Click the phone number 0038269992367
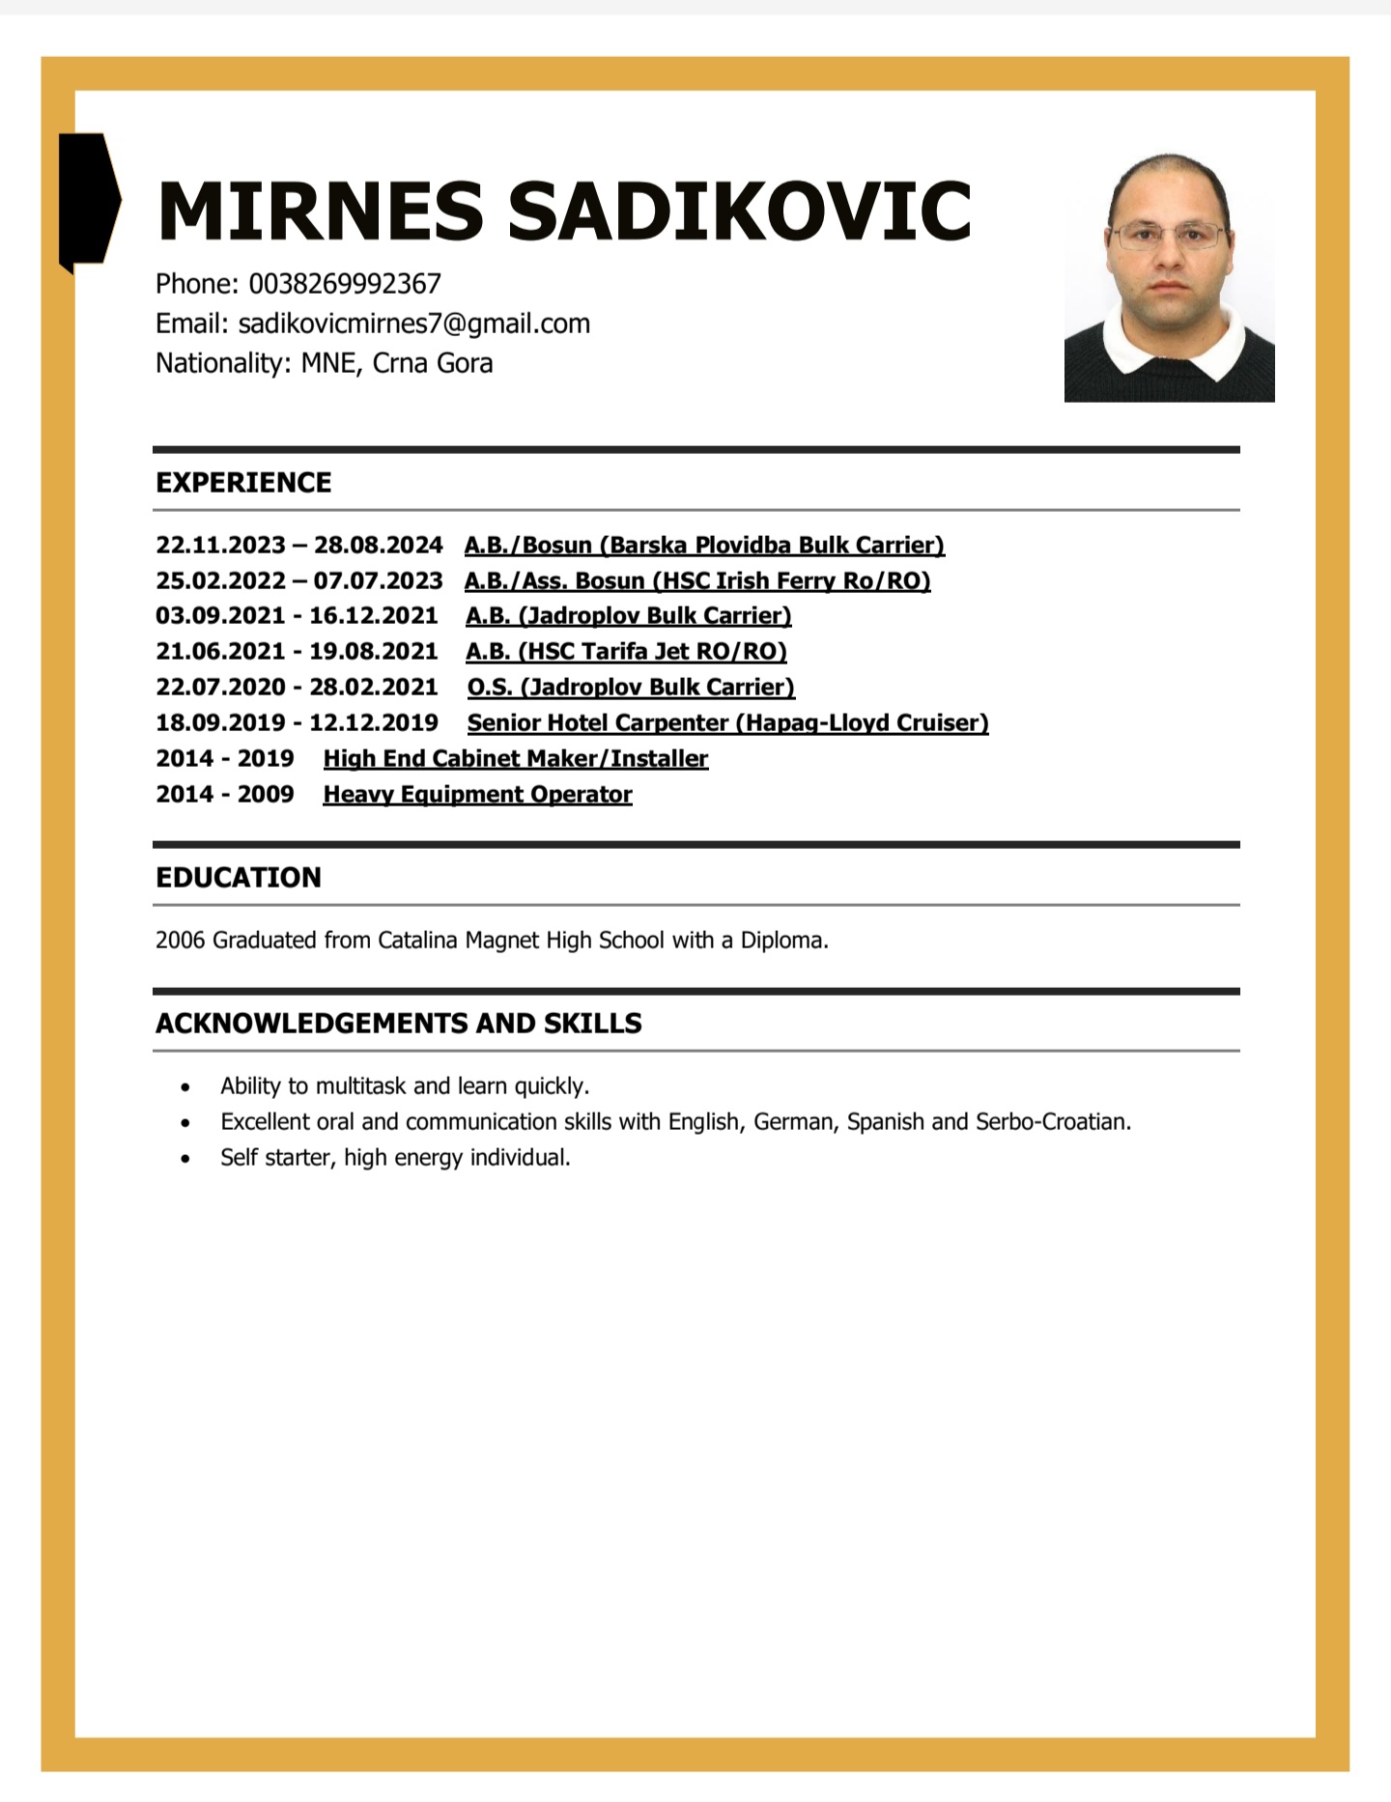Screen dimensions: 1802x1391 coord(345,284)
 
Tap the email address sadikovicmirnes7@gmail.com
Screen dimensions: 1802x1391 coord(413,324)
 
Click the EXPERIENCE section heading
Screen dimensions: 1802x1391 coord(243,483)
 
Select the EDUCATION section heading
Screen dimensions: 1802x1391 coord(239,878)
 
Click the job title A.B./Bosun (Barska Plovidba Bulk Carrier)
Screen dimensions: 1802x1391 coord(704,546)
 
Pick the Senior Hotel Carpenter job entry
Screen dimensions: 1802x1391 coord(727,723)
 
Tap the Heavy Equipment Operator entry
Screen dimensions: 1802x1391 coord(477,795)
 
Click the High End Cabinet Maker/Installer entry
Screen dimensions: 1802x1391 coord(516,759)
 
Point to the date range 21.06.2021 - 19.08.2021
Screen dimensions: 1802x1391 coord(297,652)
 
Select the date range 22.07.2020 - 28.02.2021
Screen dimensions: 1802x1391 coord(297,688)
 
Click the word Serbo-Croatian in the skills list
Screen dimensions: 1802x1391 coord(1052,1122)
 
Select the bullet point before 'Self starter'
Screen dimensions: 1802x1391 coord(185,1159)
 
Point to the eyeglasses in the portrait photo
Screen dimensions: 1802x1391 coord(1169,236)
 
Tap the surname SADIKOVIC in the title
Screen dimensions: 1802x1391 coord(739,211)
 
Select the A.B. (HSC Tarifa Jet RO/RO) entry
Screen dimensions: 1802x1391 coord(626,652)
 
